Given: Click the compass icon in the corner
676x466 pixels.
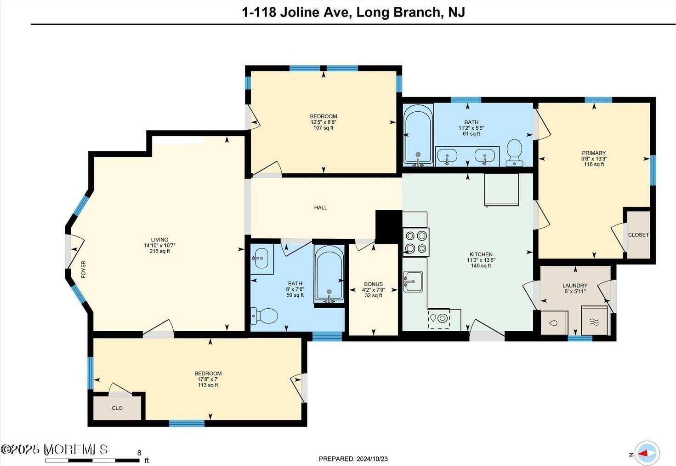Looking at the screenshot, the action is coord(647,453).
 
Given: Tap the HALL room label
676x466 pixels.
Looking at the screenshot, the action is coord(320,208).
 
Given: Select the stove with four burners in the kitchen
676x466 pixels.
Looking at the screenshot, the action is coord(416,242).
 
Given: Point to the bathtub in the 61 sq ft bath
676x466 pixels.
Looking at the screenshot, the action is coord(418,135).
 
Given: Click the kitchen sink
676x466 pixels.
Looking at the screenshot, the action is coord(413,282).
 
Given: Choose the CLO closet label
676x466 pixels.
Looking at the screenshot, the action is coord(117,408).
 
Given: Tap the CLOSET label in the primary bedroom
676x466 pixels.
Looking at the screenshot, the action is coord(638,235).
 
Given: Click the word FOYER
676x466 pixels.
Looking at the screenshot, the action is coord(84,269).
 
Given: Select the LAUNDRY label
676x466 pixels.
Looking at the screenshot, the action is coord(575,286).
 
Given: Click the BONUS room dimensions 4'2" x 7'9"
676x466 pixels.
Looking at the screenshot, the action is coord(374,290).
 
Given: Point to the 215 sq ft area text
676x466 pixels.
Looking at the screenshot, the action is coord(159,251).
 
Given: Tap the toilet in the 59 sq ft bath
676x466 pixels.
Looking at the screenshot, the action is coord(264,316).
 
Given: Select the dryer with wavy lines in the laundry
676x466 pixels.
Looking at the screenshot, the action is coord(594,321).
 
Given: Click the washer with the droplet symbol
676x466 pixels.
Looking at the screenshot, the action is coord(554,323).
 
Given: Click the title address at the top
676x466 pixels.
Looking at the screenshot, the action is coord(353,12).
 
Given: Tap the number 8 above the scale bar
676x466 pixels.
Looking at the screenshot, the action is coord(139,453).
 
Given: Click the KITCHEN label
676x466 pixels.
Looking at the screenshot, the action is coord(481,254).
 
